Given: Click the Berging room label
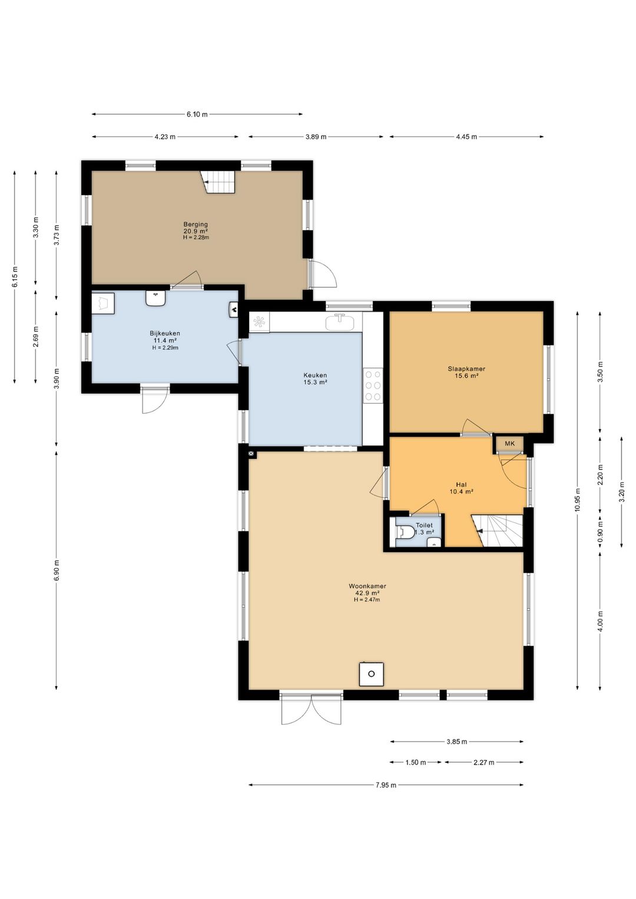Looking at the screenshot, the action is coord(196,224).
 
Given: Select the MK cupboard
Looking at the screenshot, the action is coord(509,444).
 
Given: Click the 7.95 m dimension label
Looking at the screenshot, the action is coord(386,785).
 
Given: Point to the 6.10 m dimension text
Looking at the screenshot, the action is coord(197,114).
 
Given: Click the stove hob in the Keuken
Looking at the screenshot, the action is coord(373,385).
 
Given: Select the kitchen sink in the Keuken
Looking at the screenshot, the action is coord(340,322).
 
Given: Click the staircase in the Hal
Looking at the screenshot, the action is coord(498,531).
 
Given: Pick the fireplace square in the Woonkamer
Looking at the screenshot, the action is coord(371,674).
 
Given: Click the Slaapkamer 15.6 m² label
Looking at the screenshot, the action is coord(466,372).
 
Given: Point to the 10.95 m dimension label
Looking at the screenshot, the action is coord(577,500).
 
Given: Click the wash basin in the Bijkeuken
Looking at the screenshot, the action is coord(155,299).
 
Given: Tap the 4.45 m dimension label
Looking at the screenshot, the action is coord(466,137).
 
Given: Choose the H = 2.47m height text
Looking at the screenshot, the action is coord(366,600).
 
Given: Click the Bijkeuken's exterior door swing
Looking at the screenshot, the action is coord(154,400).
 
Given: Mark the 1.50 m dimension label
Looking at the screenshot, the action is coord(415,762).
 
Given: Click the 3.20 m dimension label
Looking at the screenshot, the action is coord(621,492).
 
